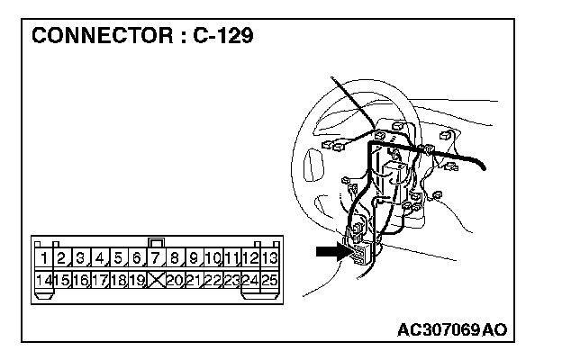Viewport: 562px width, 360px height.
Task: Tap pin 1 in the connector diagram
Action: pos(43,259)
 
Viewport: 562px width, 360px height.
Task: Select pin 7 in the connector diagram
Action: pos(157,259)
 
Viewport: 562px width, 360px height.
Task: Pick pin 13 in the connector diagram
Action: pos(269,259)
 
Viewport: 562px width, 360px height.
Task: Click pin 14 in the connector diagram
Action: pos(42,281)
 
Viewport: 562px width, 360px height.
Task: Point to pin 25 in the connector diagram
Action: pos(269,281)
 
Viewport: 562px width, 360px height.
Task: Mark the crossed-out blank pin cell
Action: pos(157,281)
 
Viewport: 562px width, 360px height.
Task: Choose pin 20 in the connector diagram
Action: pos(176,281)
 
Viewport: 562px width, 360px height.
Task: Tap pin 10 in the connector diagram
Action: pos(213,259)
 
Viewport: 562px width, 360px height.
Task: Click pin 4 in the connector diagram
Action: pos(100,259)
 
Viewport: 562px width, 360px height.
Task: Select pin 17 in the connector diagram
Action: pos(99,281)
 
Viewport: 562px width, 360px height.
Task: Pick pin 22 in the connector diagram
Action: pos(213,281)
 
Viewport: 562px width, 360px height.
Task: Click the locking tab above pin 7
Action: pos(157,242)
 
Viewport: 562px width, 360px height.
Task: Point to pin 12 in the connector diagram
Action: pos(250,259)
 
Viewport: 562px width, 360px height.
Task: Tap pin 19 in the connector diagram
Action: pos(137,281)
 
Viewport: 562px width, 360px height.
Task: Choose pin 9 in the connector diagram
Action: pos(194,259)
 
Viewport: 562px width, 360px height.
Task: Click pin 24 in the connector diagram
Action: pos(250,281)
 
